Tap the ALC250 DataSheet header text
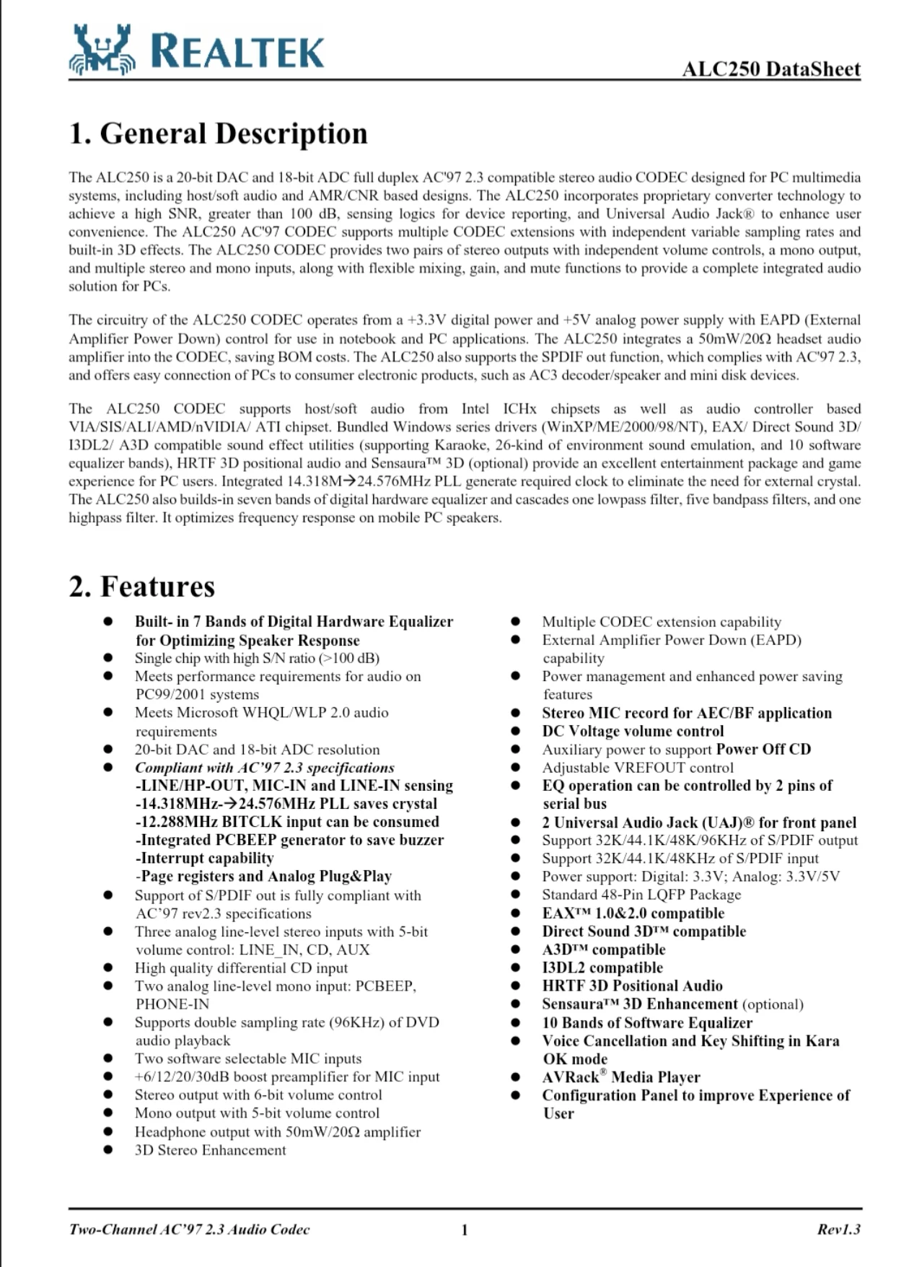(x=771, y=69)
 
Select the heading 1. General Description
(x=218, y=133)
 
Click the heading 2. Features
(x=142, y=586)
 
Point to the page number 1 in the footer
(x=465, y=1229)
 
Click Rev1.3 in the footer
(x=838, y=1229)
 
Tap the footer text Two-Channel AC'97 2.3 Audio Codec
(x=189, y=1229)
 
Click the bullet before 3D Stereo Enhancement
(x=108, y=1150)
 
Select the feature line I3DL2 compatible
(x=602, y=968)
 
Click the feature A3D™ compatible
(x=604, y=950)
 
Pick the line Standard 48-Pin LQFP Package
(x=641, y=895)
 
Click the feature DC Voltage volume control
(x=633, y=731)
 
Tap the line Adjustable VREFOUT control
(x=638, y=768)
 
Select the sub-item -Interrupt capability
(x=204, y=858)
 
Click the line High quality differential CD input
(x=241, y=968)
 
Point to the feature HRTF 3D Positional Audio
(x=632, y=986)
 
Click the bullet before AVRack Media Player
(x=515, y=1077)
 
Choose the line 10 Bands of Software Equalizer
(x=647, y=1022)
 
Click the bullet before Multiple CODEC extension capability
(x=515, y=622)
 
